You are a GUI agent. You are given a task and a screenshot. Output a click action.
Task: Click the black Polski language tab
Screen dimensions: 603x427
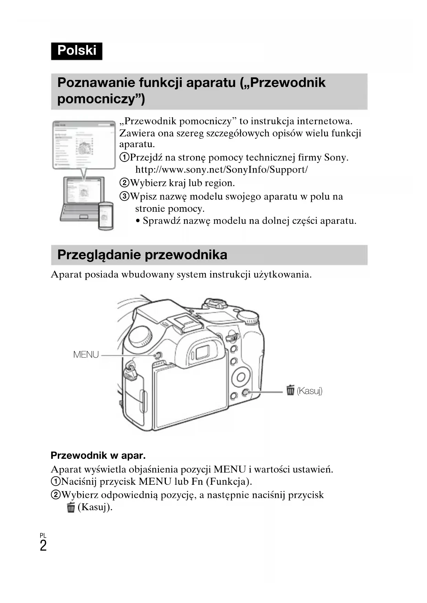coord(76,51)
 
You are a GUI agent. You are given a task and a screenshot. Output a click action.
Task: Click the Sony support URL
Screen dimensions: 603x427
coord(221,169)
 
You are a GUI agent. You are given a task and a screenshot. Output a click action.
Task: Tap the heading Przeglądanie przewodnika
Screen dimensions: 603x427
coord(142,255)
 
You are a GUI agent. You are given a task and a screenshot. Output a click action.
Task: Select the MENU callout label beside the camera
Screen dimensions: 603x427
coord(86,354)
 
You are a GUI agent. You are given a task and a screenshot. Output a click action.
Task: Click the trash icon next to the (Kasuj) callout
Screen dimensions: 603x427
coord(290,390)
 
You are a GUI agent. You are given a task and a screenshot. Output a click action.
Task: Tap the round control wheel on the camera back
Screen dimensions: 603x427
coord(241,377)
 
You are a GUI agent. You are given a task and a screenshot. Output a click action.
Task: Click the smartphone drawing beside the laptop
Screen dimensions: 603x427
coord(106,216)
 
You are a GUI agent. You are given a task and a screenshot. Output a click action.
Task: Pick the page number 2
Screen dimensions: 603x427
coord(43,546)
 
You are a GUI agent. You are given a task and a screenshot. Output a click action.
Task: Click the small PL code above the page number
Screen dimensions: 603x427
coord(43,536)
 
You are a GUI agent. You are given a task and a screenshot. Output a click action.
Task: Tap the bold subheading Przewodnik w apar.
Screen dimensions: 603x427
coord(98,456)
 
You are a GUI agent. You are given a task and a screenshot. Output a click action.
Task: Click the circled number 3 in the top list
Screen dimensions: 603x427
coord(124,196)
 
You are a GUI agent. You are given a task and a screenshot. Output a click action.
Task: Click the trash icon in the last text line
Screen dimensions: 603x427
coord(71,507)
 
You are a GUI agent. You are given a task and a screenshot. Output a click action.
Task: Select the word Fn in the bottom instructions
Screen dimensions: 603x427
coord(197,481)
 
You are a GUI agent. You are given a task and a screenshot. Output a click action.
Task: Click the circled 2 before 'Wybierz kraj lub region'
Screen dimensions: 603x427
coord(124,183)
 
